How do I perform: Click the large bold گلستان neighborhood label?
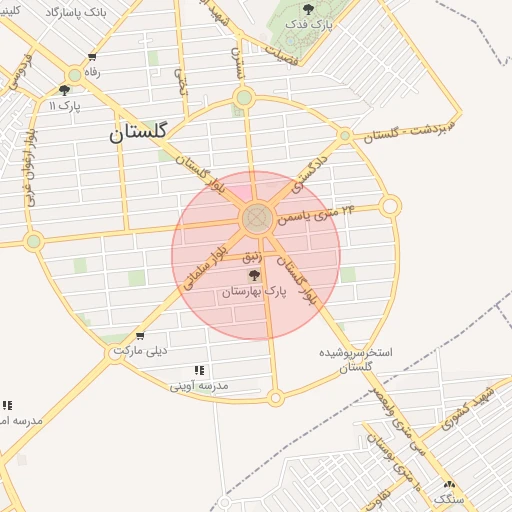tap(140, 131)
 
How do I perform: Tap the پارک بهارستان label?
tap(254, 290)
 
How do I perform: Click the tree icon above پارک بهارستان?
tap(254, 274)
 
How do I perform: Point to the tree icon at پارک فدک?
tap(308, 9)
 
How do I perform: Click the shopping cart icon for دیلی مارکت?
tap(139, 336)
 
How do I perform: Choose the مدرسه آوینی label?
tap(199, 385)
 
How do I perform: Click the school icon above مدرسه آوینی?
tap(199, 370)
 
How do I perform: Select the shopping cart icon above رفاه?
tap(92, 57)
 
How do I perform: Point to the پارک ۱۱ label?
tap(66, 105)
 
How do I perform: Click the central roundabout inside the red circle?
tap(256, 217)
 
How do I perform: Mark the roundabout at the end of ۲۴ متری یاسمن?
tap(390, 206)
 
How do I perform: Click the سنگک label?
tap(449, 496)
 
